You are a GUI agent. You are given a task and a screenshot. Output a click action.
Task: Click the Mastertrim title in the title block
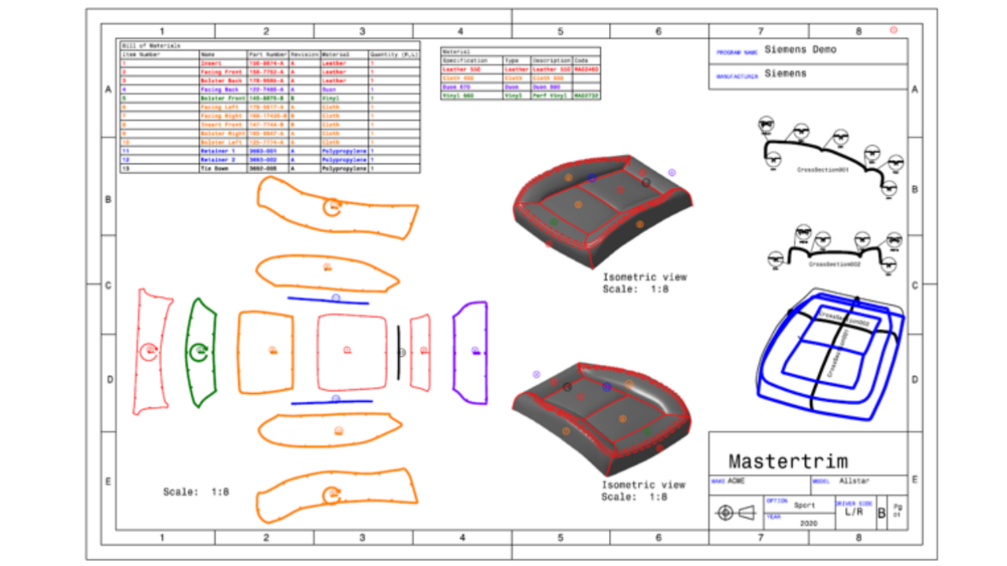point(788,461)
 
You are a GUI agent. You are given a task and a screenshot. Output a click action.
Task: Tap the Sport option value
point(803,505)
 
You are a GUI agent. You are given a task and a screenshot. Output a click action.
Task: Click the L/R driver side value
point(854,512)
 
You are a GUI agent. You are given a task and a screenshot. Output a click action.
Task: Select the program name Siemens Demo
point(800,50)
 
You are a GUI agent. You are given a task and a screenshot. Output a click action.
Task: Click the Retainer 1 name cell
point(218,149)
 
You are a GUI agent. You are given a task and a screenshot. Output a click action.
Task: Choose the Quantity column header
point(394,54)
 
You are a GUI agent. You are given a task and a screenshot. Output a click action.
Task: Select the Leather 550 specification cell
point(461,69)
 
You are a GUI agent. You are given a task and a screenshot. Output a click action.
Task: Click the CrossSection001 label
point(822,169)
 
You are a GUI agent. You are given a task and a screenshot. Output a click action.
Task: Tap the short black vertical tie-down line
point(398,352)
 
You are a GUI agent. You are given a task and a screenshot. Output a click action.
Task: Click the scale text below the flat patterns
point(196,492)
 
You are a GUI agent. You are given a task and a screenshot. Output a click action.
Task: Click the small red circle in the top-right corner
point(893,30)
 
